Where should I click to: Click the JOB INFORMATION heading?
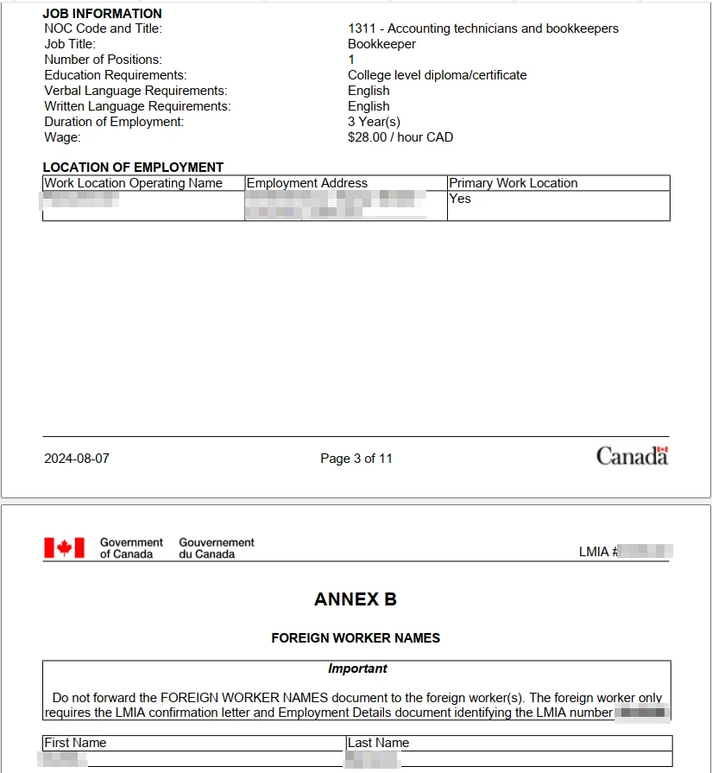[x=102, y=14]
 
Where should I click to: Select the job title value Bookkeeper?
[x=381, y=44]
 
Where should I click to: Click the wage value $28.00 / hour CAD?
[x=400, y=137]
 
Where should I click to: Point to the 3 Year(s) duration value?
[x=374, y=122]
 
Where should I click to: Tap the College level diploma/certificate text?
[x=437, y=75]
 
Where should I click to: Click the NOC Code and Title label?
[x=103, y=29]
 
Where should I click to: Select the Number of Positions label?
[x=103, y=60]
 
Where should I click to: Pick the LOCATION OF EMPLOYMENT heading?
[x=133, y=168]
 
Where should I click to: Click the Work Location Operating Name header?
[x=134, y=183]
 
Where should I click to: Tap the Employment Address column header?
[x=307, y=183]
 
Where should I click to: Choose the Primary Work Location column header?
[x=514, y=183]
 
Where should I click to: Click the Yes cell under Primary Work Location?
[x=460, y=199]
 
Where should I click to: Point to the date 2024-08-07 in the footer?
[x=77, y=459]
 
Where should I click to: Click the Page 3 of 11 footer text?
[x=356, y=459]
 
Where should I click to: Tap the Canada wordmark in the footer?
[x=632, y=456]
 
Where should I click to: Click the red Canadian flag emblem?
[x=64, y=548]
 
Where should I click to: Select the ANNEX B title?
[x=356, y=599]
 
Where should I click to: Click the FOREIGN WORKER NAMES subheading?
[x=356, y=638]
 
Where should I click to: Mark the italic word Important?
[x=357, y=668]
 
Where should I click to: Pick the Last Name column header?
[x=378, y=743]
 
